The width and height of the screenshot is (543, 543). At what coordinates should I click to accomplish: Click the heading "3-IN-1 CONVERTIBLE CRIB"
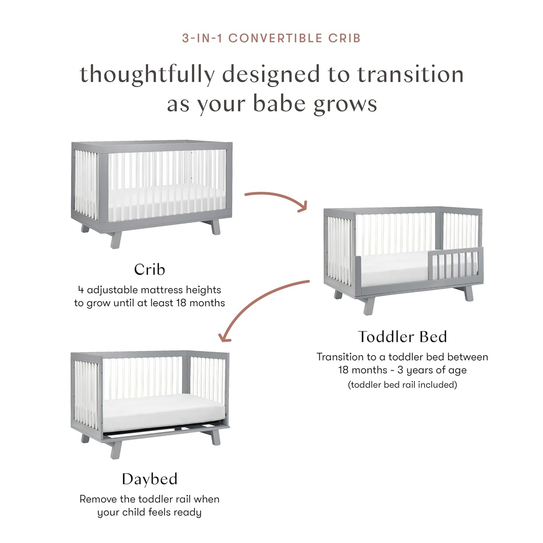[271, 38]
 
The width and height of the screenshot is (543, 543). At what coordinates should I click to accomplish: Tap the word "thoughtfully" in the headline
[147, 74]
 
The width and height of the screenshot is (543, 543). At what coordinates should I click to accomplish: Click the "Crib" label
[149, 269]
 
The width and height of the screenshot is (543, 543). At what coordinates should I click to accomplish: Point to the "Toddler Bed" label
[402, 337]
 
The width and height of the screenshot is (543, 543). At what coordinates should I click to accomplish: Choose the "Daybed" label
[149, 479]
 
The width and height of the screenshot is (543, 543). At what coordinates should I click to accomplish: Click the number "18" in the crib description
[181, 303]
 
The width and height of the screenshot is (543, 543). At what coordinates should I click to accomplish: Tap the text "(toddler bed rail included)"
[402, 385]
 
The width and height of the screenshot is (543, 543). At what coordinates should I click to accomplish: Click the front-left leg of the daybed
[115, 449]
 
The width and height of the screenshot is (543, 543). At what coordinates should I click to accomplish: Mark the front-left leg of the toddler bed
[369, 306]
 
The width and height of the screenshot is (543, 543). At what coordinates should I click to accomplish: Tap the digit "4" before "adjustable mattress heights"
[81, 290]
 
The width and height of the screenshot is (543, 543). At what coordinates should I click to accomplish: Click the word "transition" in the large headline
[410, 74]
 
